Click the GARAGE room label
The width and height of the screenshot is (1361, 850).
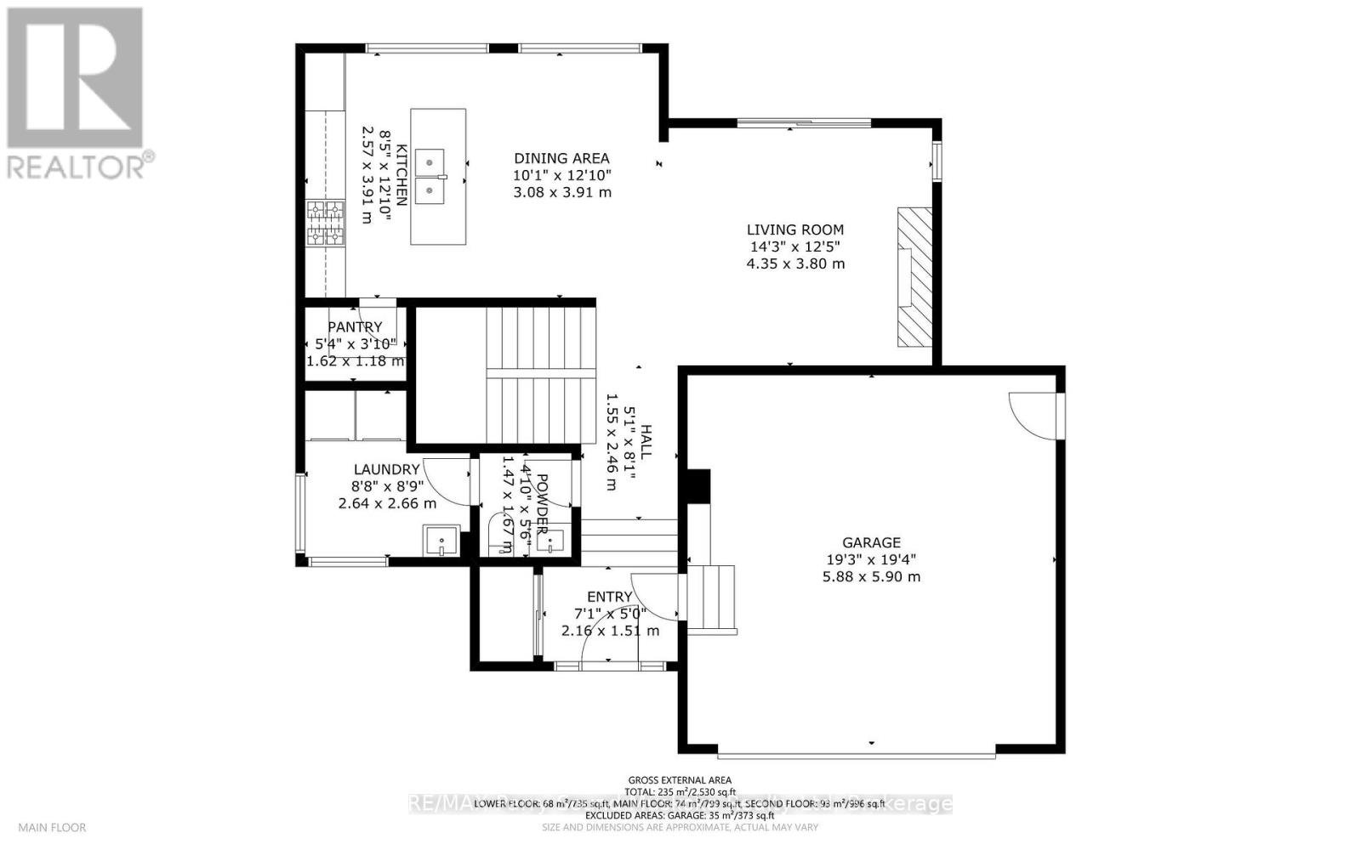pos(871,542)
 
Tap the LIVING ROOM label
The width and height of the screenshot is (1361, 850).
pos(795,229)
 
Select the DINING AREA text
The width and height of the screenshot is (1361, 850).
pos(561,158)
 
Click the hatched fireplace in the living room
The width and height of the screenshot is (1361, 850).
pos(914,276)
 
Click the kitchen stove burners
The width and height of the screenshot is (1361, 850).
pos(326,223)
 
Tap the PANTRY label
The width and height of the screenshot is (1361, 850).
pos(355,327)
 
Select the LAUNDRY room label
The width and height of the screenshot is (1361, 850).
pos(386,469)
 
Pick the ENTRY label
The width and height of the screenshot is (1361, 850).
pos(609,597)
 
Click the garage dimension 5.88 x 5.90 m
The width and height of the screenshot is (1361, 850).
pos(871,576)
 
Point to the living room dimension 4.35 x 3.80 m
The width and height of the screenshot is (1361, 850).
pos(795,263)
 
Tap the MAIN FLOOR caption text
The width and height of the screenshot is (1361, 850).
pos(52,827)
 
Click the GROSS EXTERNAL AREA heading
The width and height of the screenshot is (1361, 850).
pos(680,779)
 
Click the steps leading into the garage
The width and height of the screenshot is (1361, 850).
pos(711,598)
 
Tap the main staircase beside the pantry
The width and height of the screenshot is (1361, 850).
pos(536,374)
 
